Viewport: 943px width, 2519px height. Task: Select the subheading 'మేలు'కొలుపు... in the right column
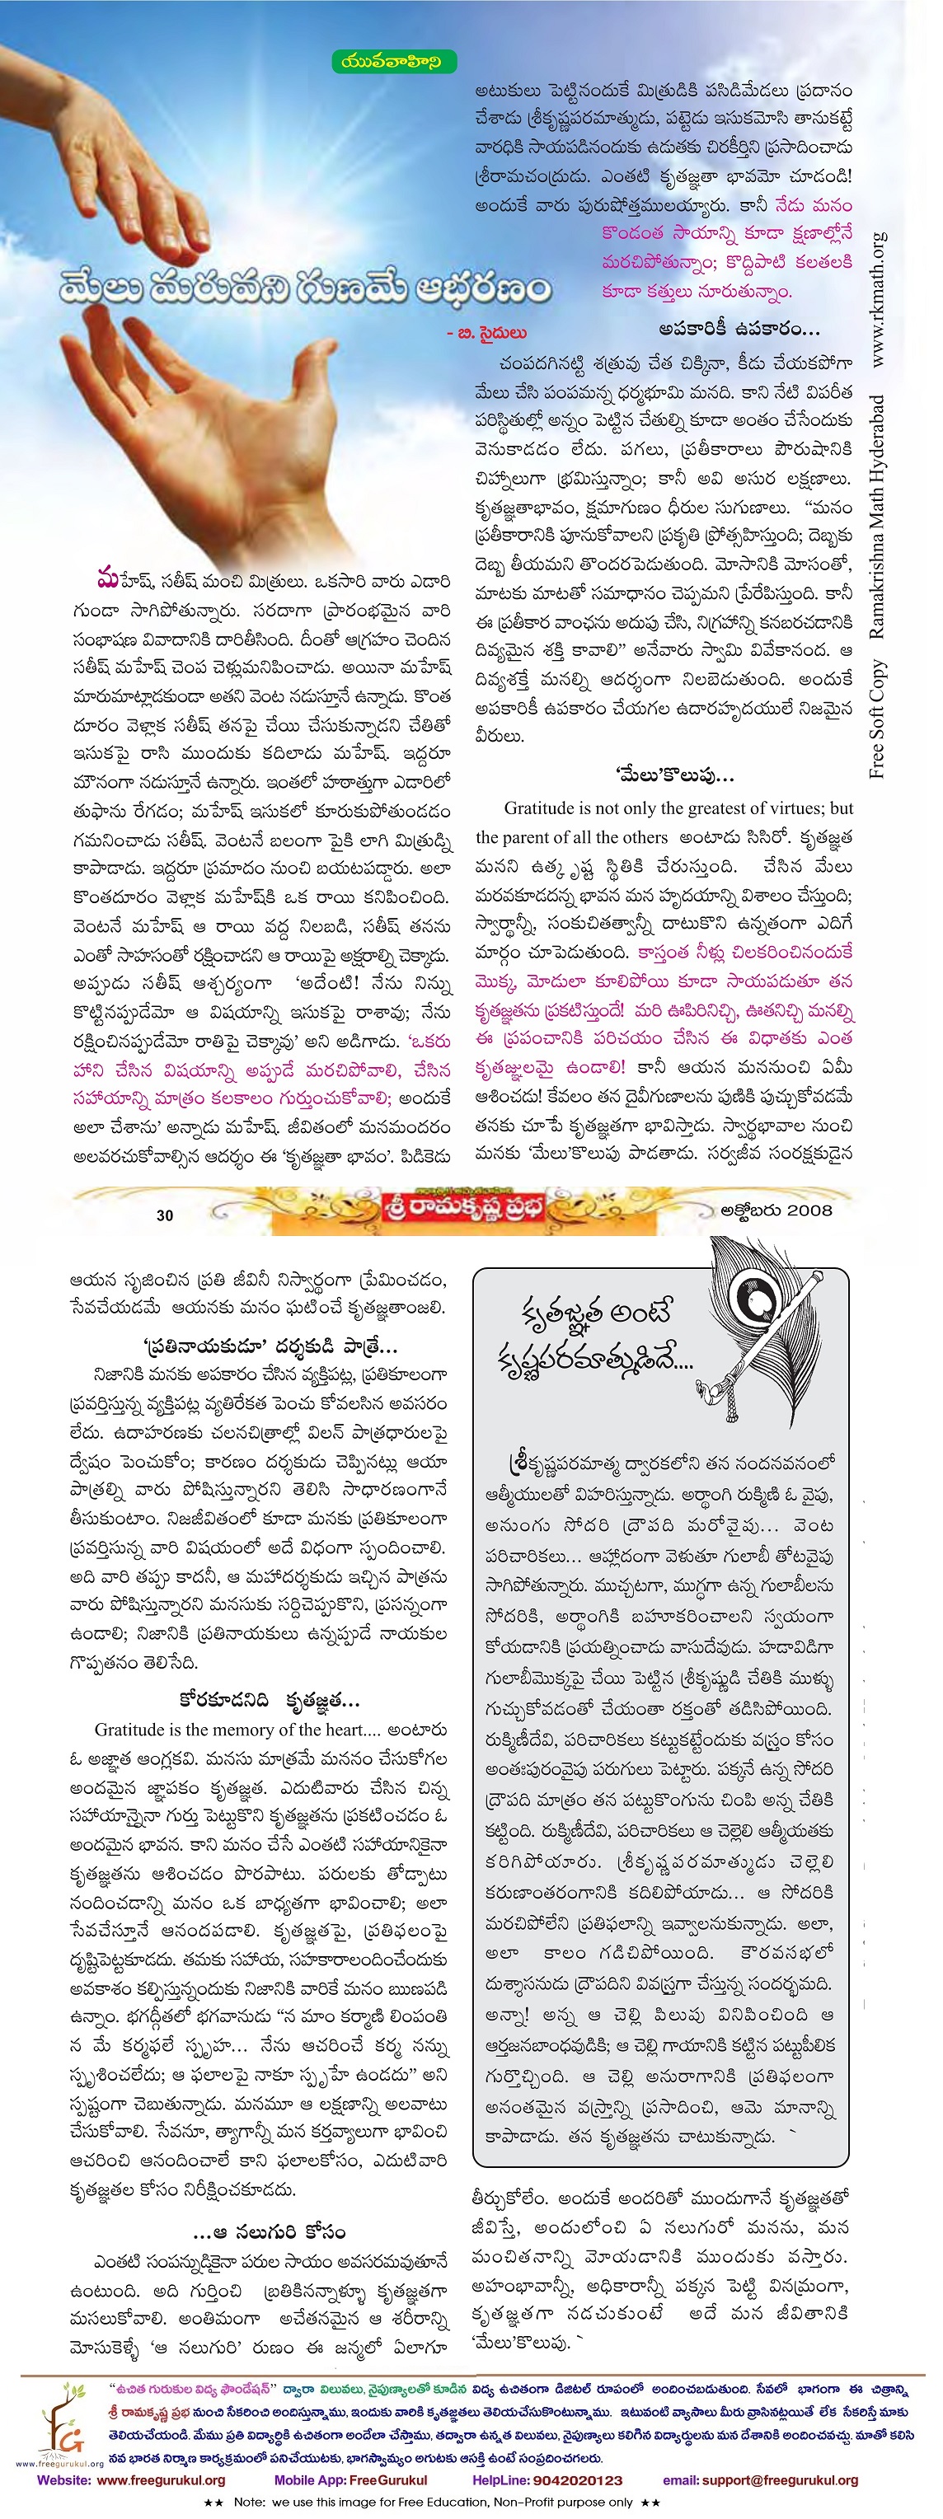[x=675, y=775]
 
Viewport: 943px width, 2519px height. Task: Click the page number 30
[x=164, y=1215]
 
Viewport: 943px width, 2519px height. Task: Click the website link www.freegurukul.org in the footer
[x=162, y=2481]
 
